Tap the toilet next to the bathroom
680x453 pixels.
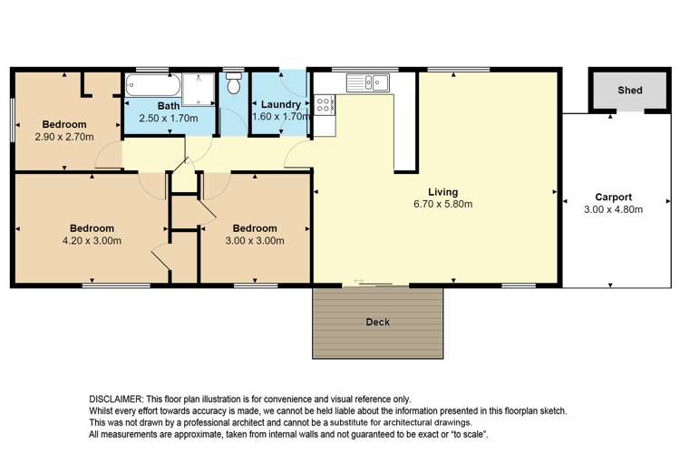pos(234,84)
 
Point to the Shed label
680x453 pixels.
pos(630,91)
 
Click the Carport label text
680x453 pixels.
pos(613,197)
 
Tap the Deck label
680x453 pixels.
pos(377,322)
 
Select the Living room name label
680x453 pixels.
pos(443,192)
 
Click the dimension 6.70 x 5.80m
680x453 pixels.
pos(443,205)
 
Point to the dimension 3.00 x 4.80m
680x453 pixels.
pos(613,209)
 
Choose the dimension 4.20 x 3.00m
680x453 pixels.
pos(92,240)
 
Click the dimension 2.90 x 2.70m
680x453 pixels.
pos(63,137)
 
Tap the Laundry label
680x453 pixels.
pos(280,105)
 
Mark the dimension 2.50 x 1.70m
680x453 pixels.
pos(169,118)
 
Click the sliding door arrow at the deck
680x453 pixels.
pos(363,282)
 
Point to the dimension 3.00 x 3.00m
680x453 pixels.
pos(255,240)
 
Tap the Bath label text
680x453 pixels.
pos(169,106)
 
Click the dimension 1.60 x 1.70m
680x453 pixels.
pos(280,117)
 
